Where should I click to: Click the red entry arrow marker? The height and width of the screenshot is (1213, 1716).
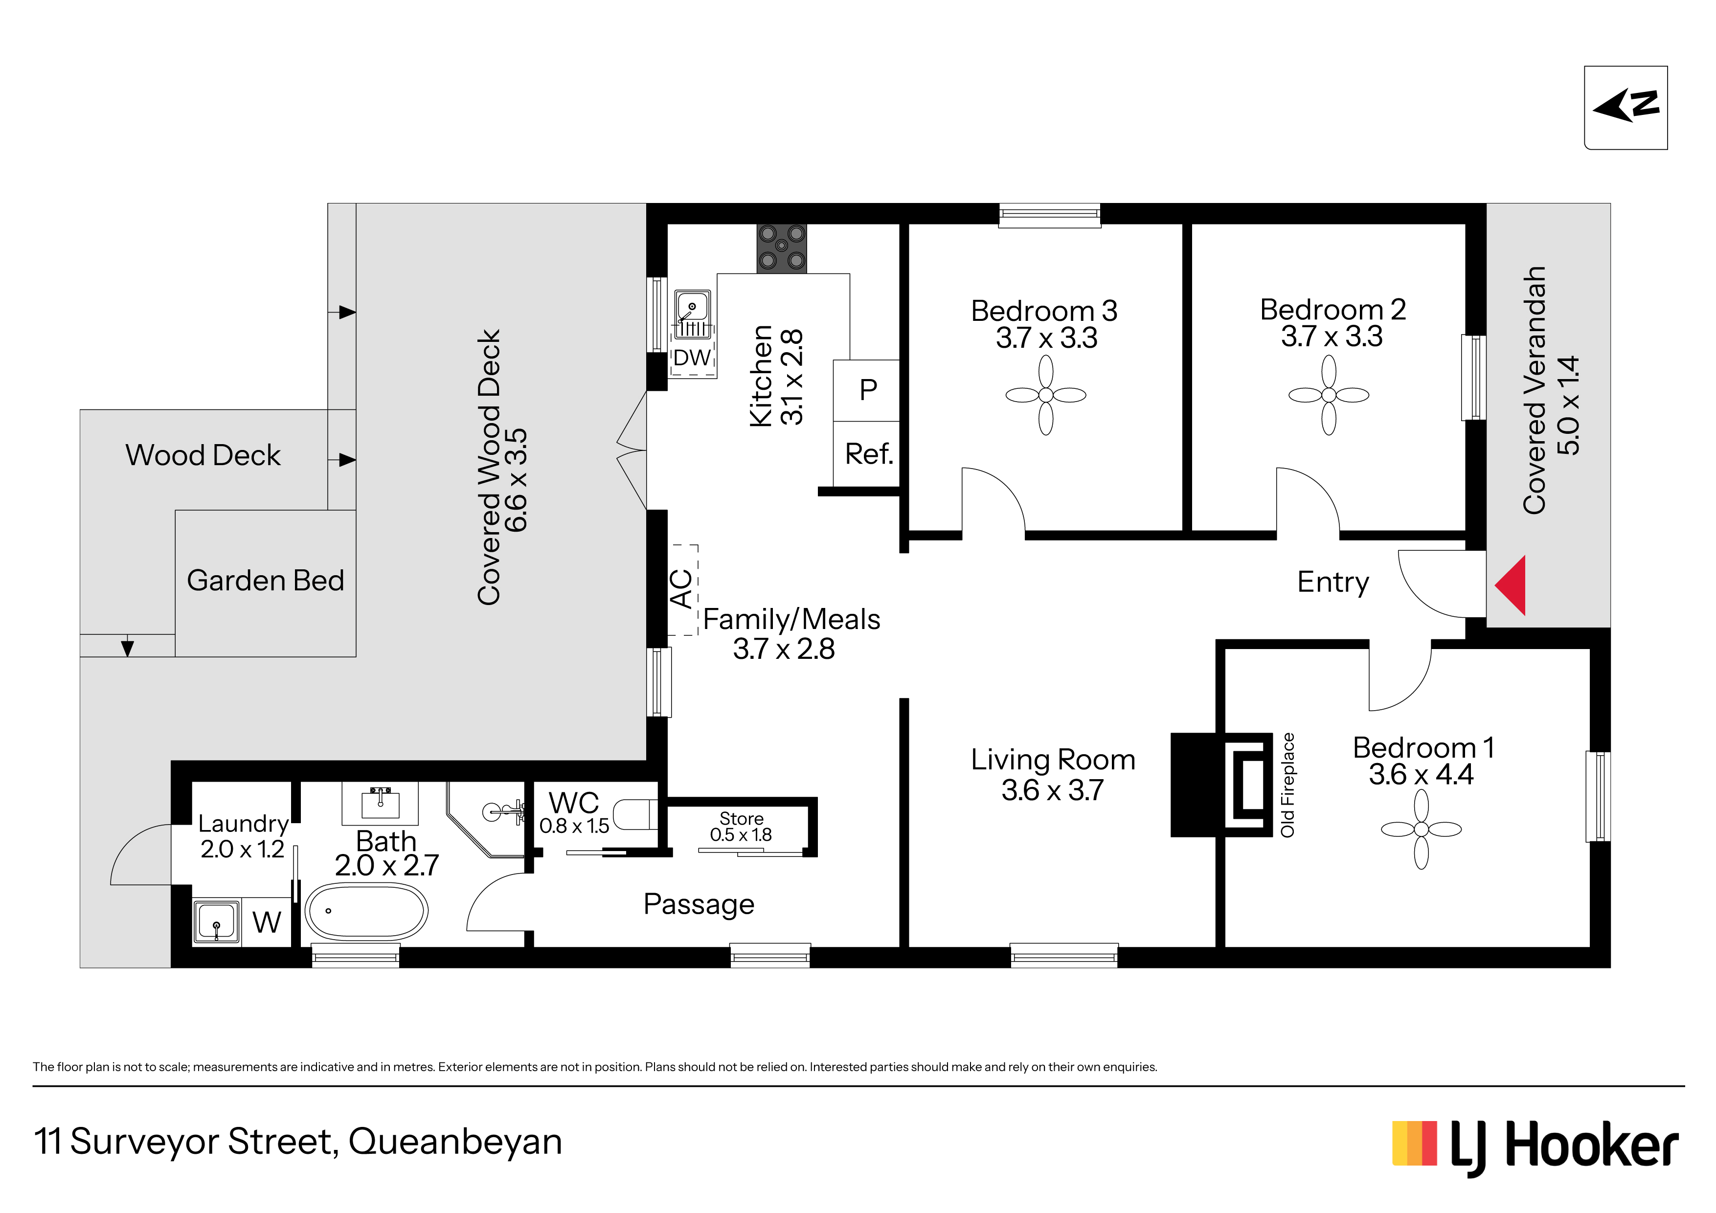[x=1511, y=585]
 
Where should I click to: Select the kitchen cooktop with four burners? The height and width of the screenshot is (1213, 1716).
[x=782, y=247]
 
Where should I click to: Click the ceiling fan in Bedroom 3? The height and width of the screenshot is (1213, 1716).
[x=1045, y=395]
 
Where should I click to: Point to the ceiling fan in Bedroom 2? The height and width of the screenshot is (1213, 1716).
[x=1329, y=395]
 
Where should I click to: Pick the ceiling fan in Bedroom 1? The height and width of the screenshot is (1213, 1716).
[x=1422, y=829]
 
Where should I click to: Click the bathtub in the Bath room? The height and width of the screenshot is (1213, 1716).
[x=366, y=911]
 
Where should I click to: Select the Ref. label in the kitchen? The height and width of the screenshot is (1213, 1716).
[x=868, y=454]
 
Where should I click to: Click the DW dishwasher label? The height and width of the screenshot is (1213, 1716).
[x=692, y=358]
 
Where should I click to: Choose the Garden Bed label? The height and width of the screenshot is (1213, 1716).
[x=265, y=580]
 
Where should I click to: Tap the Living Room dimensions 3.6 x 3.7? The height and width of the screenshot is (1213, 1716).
[x=1052, y=790]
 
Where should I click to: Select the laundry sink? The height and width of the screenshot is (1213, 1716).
[x=217, y=921]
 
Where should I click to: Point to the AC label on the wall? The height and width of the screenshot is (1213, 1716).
[x=681, y=588]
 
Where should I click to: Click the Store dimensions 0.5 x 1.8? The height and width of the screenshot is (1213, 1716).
[x=741, y=835]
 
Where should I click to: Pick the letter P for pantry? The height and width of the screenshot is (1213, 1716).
[x=868, y=389]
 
